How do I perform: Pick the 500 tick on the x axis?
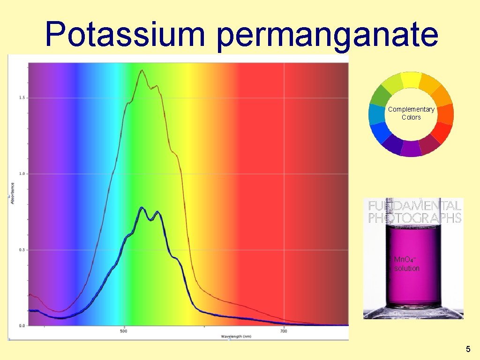(124, 331)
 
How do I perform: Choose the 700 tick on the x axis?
(284, 331)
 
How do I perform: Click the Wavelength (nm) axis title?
(236, 336)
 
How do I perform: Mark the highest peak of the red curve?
(142, 70)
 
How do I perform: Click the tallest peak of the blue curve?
(142, 208)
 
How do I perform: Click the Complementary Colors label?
(411, 113)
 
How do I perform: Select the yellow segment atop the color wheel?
(411, 80)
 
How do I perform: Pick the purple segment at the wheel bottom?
(411, 149)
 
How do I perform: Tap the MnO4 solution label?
(406, 264)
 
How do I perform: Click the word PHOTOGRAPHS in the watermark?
(415, 218)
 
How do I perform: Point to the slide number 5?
(468, 349)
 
